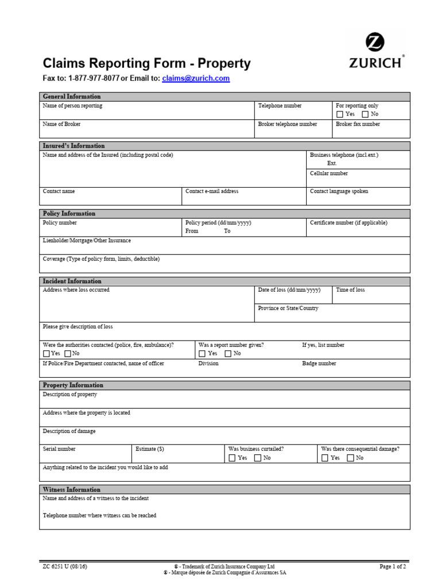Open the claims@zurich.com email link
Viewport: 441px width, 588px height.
click(196, 79)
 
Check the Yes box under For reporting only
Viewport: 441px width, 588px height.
click(340, 114)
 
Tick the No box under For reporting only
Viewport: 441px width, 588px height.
click(365, 114)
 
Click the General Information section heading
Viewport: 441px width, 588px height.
click(72, 96)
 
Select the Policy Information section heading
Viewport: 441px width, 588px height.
click(69, 214)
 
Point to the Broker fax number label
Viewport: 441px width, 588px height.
click(358, 124)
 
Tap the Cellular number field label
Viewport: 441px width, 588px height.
click(328, 173)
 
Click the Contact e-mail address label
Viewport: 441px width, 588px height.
click(212, 191)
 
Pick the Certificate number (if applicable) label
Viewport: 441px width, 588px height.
click(349, 223)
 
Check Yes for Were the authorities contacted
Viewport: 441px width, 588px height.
click(47, 354)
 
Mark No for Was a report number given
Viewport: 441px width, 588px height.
click(228, 354)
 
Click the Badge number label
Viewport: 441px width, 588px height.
click(319, 363)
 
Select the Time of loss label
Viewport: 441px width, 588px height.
click(350, 290)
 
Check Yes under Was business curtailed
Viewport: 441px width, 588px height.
click(232, 458)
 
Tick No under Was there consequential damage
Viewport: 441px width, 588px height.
click(350, 458)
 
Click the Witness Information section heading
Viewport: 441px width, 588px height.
click(72, 490)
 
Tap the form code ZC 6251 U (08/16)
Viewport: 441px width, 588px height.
click(65, 567)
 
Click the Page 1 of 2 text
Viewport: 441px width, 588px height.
click(393, 567)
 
